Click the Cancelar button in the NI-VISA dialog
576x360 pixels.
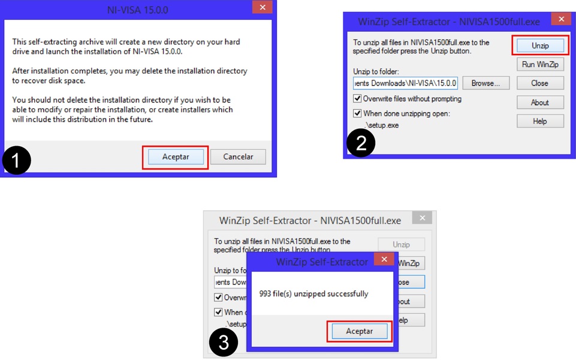(238, 157)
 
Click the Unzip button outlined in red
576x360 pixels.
(539, 46)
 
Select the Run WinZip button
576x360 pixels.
(539, 65)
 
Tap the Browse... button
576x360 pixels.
(485, 83)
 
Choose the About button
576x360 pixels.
(539, 102)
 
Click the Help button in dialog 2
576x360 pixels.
(539, 121)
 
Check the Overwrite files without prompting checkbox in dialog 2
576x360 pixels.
(358, 99)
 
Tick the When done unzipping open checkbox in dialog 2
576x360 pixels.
(358, 113)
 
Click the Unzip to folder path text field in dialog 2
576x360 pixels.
(405, 83)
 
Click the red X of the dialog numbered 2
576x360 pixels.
(561, 20)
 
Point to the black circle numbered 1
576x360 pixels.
(16, 160)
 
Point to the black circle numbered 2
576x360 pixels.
(361, 143)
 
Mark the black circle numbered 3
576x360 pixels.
(223, 343)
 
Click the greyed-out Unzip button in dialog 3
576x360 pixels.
(401, 244)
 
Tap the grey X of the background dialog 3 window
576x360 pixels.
(423, 218)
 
